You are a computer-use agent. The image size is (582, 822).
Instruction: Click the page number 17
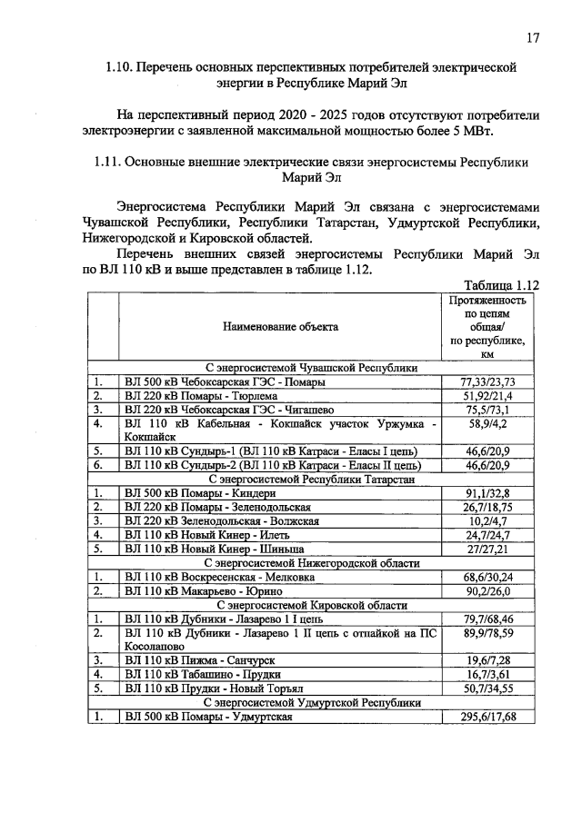coord(533,37)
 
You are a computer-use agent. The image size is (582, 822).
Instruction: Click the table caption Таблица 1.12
coord(502,284)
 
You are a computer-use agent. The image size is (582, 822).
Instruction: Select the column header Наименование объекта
coord(283,326)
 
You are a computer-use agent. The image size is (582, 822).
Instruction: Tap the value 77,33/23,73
coord(488,382)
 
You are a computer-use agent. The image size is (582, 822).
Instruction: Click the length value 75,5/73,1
coord(488,411)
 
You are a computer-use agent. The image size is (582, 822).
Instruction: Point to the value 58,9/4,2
coord(488,425)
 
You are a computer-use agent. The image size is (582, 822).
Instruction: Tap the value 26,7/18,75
coord(488,507)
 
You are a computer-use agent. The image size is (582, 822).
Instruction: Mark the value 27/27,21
coord(488,550)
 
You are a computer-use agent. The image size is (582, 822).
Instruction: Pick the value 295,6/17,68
coord(488,718)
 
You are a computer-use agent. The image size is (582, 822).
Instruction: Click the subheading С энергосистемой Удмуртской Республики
coord(313,703)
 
